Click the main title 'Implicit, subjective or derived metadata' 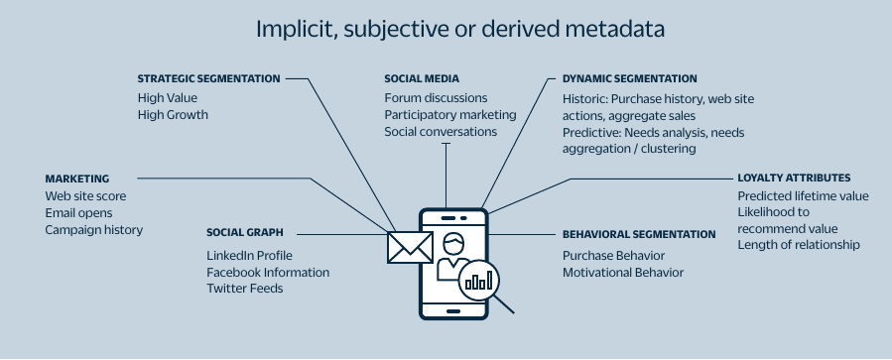[460, 29]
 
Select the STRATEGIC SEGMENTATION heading [208, 78]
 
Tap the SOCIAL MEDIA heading [422, 78]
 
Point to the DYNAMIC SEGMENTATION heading [629, 78]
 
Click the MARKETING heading [76, 179]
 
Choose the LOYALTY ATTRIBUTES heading [794, 179]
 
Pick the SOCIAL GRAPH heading [245, 233]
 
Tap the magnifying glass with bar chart [479, 280]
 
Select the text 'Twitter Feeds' [244, 289]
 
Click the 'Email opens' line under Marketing [78, 213]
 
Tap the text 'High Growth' [173, 115]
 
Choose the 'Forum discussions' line [436, 98]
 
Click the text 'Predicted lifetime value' [803, 196]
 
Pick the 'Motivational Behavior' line [623, 273]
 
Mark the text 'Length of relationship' [799, 245]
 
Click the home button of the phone [452, 308]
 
